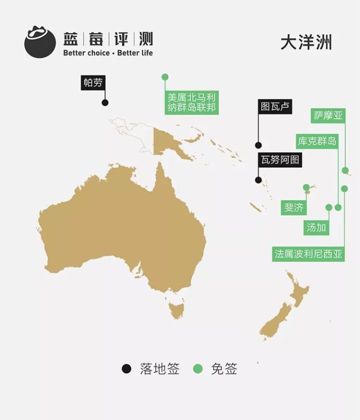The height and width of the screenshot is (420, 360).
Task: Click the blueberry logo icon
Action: [39, 42]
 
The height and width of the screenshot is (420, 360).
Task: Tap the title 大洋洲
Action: [306, 43]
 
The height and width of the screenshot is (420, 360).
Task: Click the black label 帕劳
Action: [93, 83]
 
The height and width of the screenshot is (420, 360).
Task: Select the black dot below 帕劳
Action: [105, 103]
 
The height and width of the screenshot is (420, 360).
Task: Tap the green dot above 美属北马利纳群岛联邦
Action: [165, 77]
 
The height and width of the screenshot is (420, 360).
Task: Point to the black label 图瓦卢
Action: [275, 106]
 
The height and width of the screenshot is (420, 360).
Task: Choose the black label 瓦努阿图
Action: [280, 160]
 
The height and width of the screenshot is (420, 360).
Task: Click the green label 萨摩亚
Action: [328, 116]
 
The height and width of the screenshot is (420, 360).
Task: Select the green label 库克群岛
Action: [317, 141]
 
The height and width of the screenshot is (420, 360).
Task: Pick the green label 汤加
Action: [316, 228]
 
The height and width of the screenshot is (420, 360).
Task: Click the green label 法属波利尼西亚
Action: [308, 254]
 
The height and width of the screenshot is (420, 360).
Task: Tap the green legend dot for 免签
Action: [198, 369]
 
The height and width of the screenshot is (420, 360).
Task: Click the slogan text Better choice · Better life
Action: [108, 53]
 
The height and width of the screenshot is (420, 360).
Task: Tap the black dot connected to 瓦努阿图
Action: [258, 180]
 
